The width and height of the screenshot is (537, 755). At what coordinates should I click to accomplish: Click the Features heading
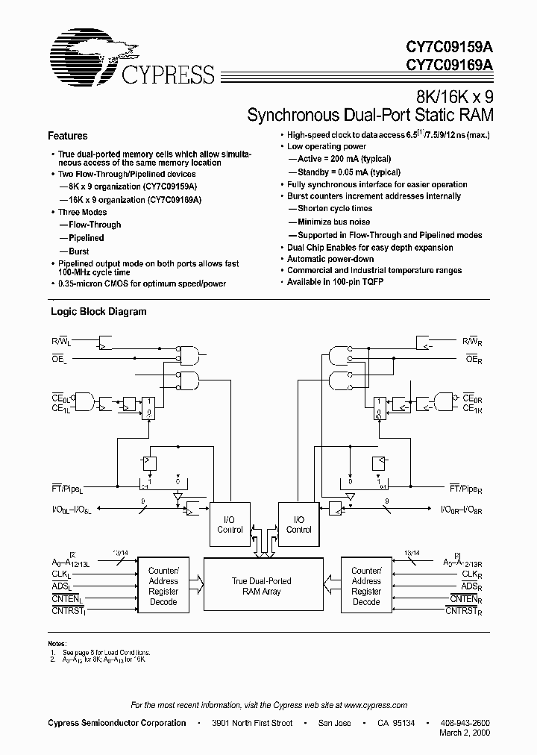click(x=67, y=136)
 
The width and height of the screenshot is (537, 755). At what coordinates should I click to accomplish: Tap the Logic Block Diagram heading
click(x=98, y=312)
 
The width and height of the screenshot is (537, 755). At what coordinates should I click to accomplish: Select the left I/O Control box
click(x=230, y=524)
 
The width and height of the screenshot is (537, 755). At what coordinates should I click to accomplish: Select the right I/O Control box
click(x=298, y=524)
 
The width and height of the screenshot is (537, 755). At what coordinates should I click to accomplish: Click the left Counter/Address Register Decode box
click(x=163, y=586)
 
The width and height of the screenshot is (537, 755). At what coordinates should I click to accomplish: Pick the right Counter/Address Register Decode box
click(x=366, y=586)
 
